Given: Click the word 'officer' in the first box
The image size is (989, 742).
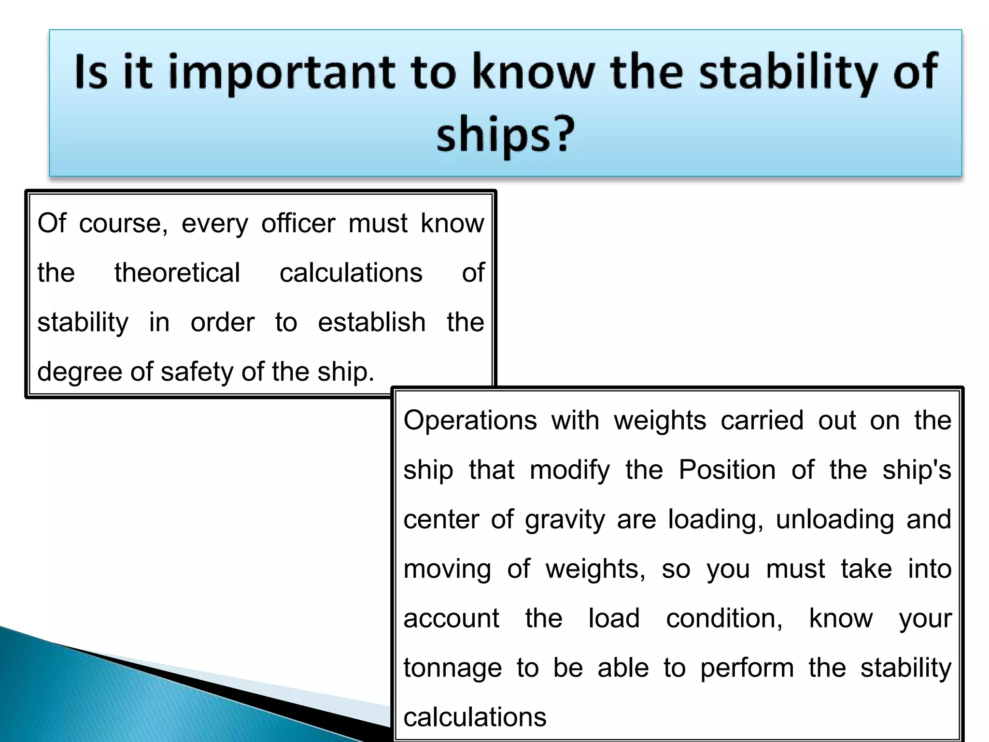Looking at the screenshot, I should [x=298, y=224].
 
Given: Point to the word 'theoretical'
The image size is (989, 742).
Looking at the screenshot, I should [x=177, y=273].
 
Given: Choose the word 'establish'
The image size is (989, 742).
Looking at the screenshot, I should [x=371, y=322].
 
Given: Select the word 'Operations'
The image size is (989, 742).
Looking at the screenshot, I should [x=470, y=420].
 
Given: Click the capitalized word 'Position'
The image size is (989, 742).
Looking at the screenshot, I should [x=727, y=470].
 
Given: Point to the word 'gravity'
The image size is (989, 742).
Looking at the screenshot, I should [x=565, y=520].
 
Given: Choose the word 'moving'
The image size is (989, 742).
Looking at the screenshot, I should [x=447, y=570].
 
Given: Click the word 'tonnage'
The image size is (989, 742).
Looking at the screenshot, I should [x=452, y=669].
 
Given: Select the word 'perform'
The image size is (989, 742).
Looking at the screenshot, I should [x=747, y=669].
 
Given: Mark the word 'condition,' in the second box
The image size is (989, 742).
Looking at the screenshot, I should [x=724, y=618].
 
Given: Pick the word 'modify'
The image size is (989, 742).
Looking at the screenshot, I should [x=569, y=471].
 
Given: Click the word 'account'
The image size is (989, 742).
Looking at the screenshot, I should [x=451, y=618].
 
